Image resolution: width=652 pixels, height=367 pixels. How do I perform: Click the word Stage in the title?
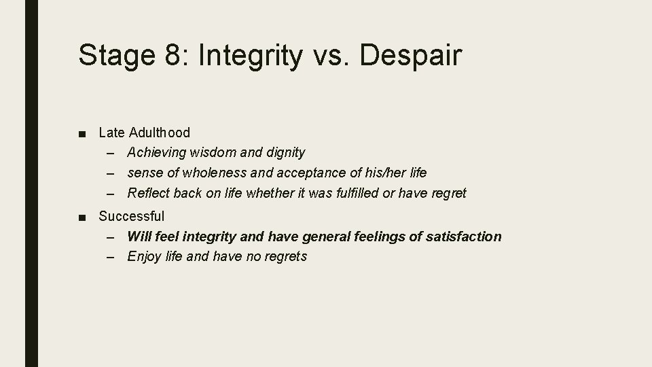click(x=117, y=55)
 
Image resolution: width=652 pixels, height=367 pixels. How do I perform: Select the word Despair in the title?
click(x=410, y=55)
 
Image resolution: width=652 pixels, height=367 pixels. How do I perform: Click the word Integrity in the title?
click(x=251, y=55)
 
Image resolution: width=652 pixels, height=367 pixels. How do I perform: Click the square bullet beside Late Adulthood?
click(x=82, y=133)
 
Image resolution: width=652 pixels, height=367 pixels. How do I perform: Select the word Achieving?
click(x=158, y=153)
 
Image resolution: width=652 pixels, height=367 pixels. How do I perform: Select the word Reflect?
click(x=149, y=193)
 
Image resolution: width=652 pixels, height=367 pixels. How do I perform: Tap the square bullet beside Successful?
click(x=82, y=217)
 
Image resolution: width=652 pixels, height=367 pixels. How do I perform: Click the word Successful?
click(x=131, y=216)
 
